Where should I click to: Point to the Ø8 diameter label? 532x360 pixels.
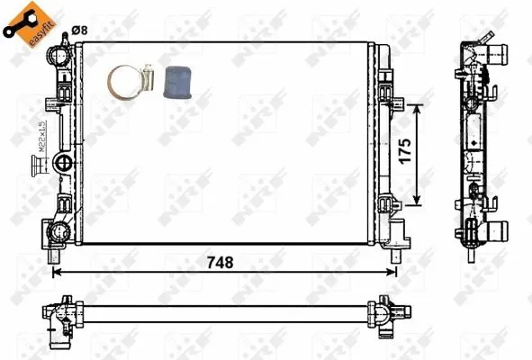(79, 31)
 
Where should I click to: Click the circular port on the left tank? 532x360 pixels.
(64, 163)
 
